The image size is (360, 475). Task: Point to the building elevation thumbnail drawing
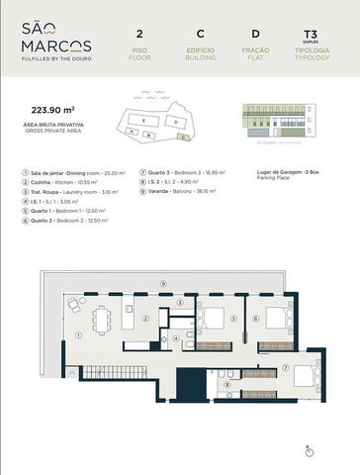click(276, 122)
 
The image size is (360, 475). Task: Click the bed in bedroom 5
click(213, 319)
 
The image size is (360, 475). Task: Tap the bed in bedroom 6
click(277, 319)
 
